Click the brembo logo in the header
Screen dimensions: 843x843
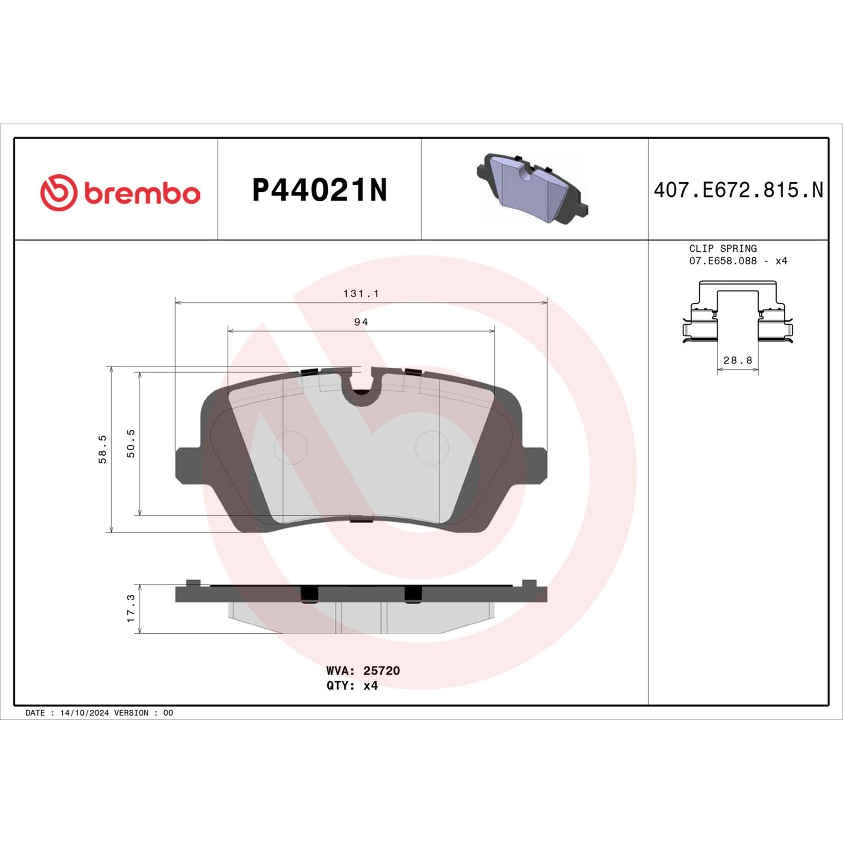click(x=120, y=192)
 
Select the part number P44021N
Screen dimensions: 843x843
click(x=319, y=190)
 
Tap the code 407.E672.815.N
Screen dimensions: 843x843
click(x=738, y=190)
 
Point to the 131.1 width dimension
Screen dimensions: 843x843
click(x=361, y=293)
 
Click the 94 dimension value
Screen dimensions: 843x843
click(x=361, y=322)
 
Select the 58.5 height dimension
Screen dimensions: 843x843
click(x=103, y=449)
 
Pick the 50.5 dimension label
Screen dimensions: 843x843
click(x=131, y=443)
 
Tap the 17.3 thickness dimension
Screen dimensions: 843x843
click(x=131, y=608)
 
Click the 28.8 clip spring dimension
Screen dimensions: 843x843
click(x=738, y=360)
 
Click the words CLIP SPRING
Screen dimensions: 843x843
click(x=723, y=248)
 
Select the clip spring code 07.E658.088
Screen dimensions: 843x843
click(x=723, y=261)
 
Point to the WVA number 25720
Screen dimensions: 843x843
click(x=381, y=671)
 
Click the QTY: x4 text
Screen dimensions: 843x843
click(x=352, y=685)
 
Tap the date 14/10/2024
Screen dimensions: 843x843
click(x=84, y=713)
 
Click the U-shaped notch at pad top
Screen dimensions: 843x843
click(x=361, y=385)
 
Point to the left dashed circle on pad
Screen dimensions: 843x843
click(x=290, y=447)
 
